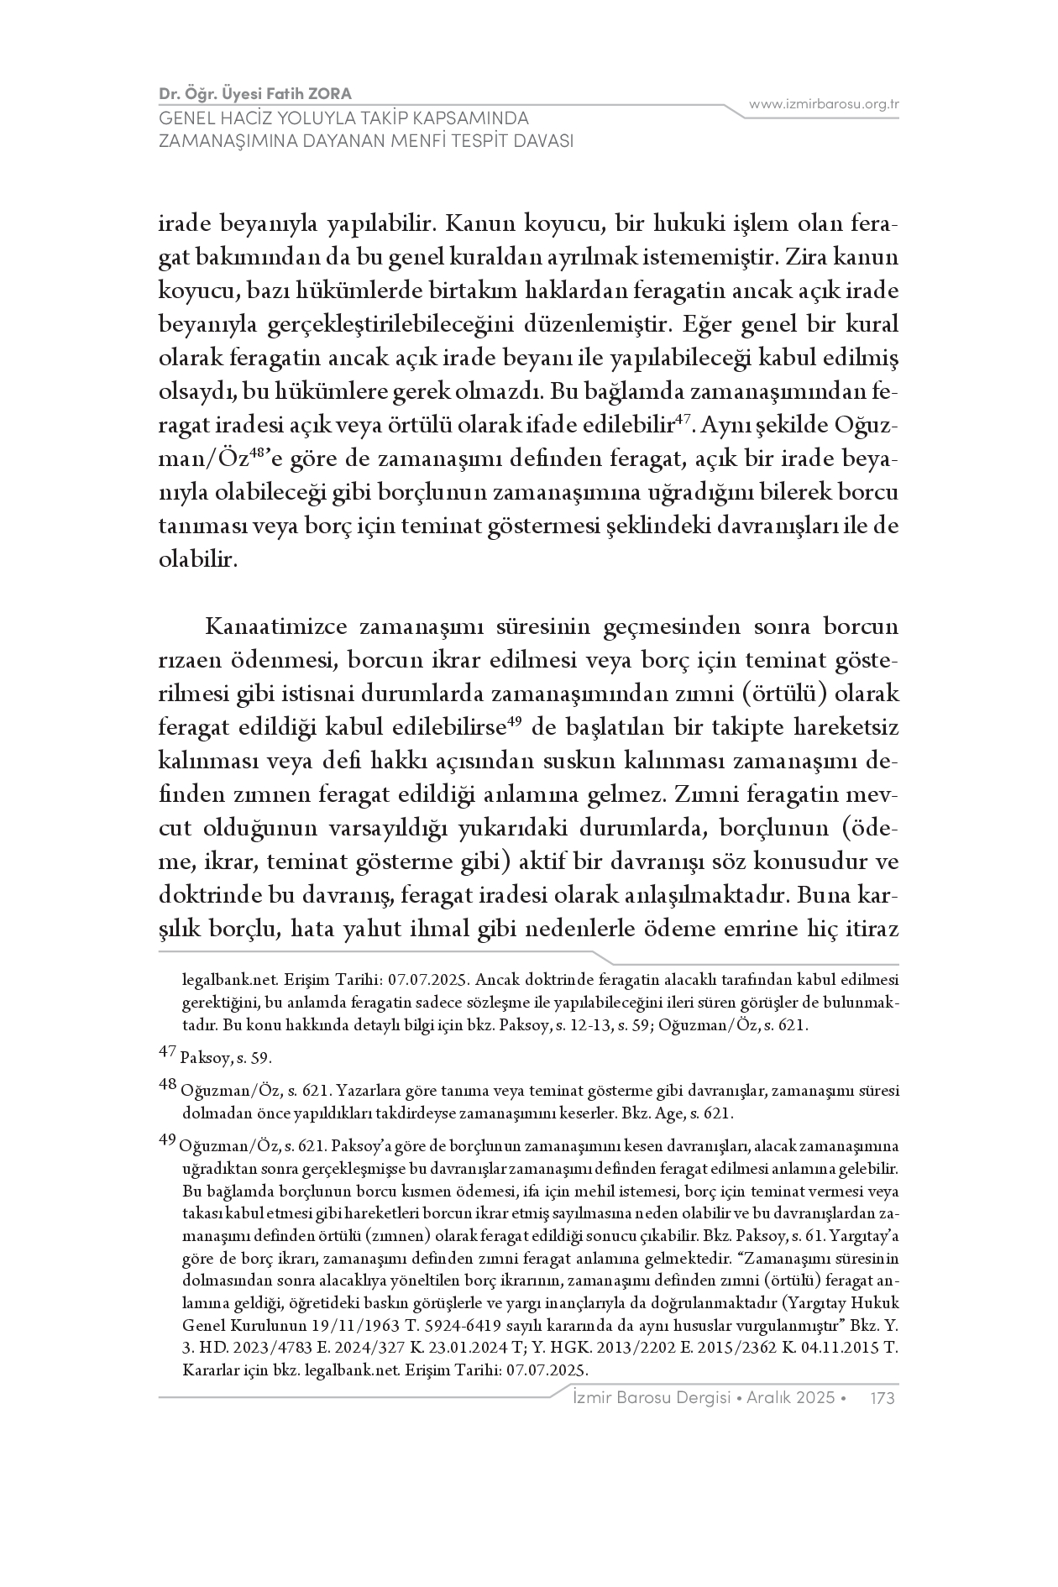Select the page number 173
click(883, 1398)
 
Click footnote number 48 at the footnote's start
click(167, 1084)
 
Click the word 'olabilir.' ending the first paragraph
click(198, 560)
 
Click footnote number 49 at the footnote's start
click(167, 1139)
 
